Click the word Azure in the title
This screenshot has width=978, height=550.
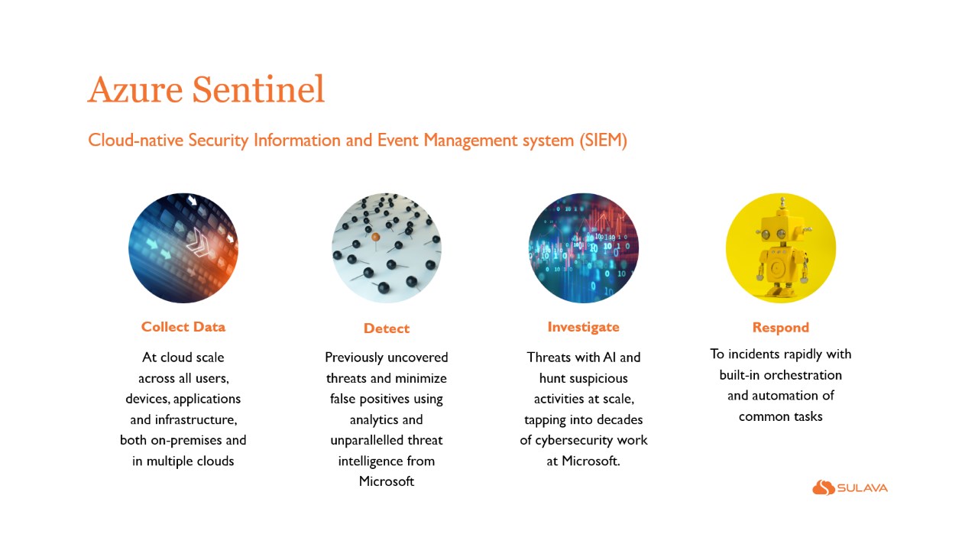point(135,89)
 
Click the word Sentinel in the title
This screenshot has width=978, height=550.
point(258,89)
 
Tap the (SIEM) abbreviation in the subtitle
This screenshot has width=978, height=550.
point(604,141)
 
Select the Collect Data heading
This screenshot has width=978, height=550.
point(183,327)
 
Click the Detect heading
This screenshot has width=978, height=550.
point(387,328)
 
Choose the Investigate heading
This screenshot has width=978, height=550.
point(583,328)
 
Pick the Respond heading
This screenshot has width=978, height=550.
point(781,328)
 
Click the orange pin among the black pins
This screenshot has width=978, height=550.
point(375,237)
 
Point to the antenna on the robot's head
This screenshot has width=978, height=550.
point(783,204)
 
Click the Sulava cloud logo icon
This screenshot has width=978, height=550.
point(824,487)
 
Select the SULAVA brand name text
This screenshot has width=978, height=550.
point(863,488)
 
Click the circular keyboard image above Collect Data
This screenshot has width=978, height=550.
point(183,248)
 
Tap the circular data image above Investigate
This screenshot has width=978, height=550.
point(583,248)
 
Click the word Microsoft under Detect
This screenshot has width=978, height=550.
point(387,481)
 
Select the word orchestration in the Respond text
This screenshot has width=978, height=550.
point(802,375)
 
